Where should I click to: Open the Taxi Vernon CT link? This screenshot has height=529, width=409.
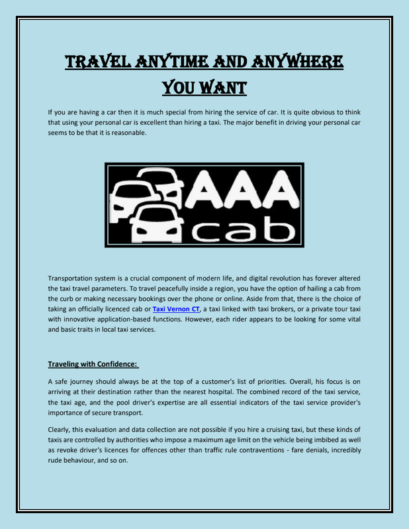(176, 309)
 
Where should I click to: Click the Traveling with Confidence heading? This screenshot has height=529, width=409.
(93, 363)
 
